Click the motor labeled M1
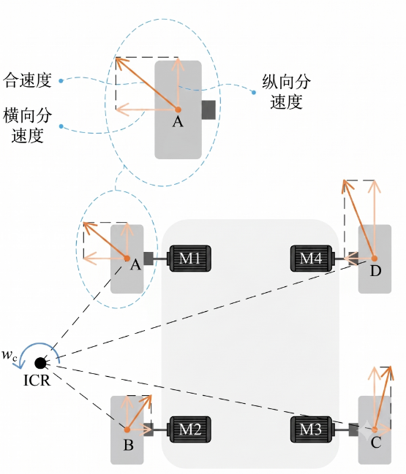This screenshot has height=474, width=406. point(189,259)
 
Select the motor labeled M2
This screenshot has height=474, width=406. point(189,429)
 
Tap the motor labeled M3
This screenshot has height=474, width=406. point(312,429)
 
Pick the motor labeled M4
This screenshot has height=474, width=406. point(312,259)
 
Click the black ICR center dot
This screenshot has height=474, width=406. point(40,363)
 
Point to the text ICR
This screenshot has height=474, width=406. point(37,380)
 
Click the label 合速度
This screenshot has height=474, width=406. point(27,80)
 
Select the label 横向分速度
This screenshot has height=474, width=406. point(27,126)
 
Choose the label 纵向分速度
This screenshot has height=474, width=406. point(286,91)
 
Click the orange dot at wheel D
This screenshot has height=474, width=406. point(375,259)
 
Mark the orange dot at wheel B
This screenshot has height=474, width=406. point(127,429)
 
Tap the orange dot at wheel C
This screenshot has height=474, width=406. point(375,429)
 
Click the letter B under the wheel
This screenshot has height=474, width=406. point(128,445)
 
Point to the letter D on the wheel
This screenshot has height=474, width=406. point(375,271)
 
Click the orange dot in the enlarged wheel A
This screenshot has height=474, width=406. point(178,110)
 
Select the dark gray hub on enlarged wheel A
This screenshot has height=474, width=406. point(208,110)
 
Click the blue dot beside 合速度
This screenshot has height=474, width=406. point(61,81)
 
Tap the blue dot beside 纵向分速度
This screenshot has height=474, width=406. point(254,92)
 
